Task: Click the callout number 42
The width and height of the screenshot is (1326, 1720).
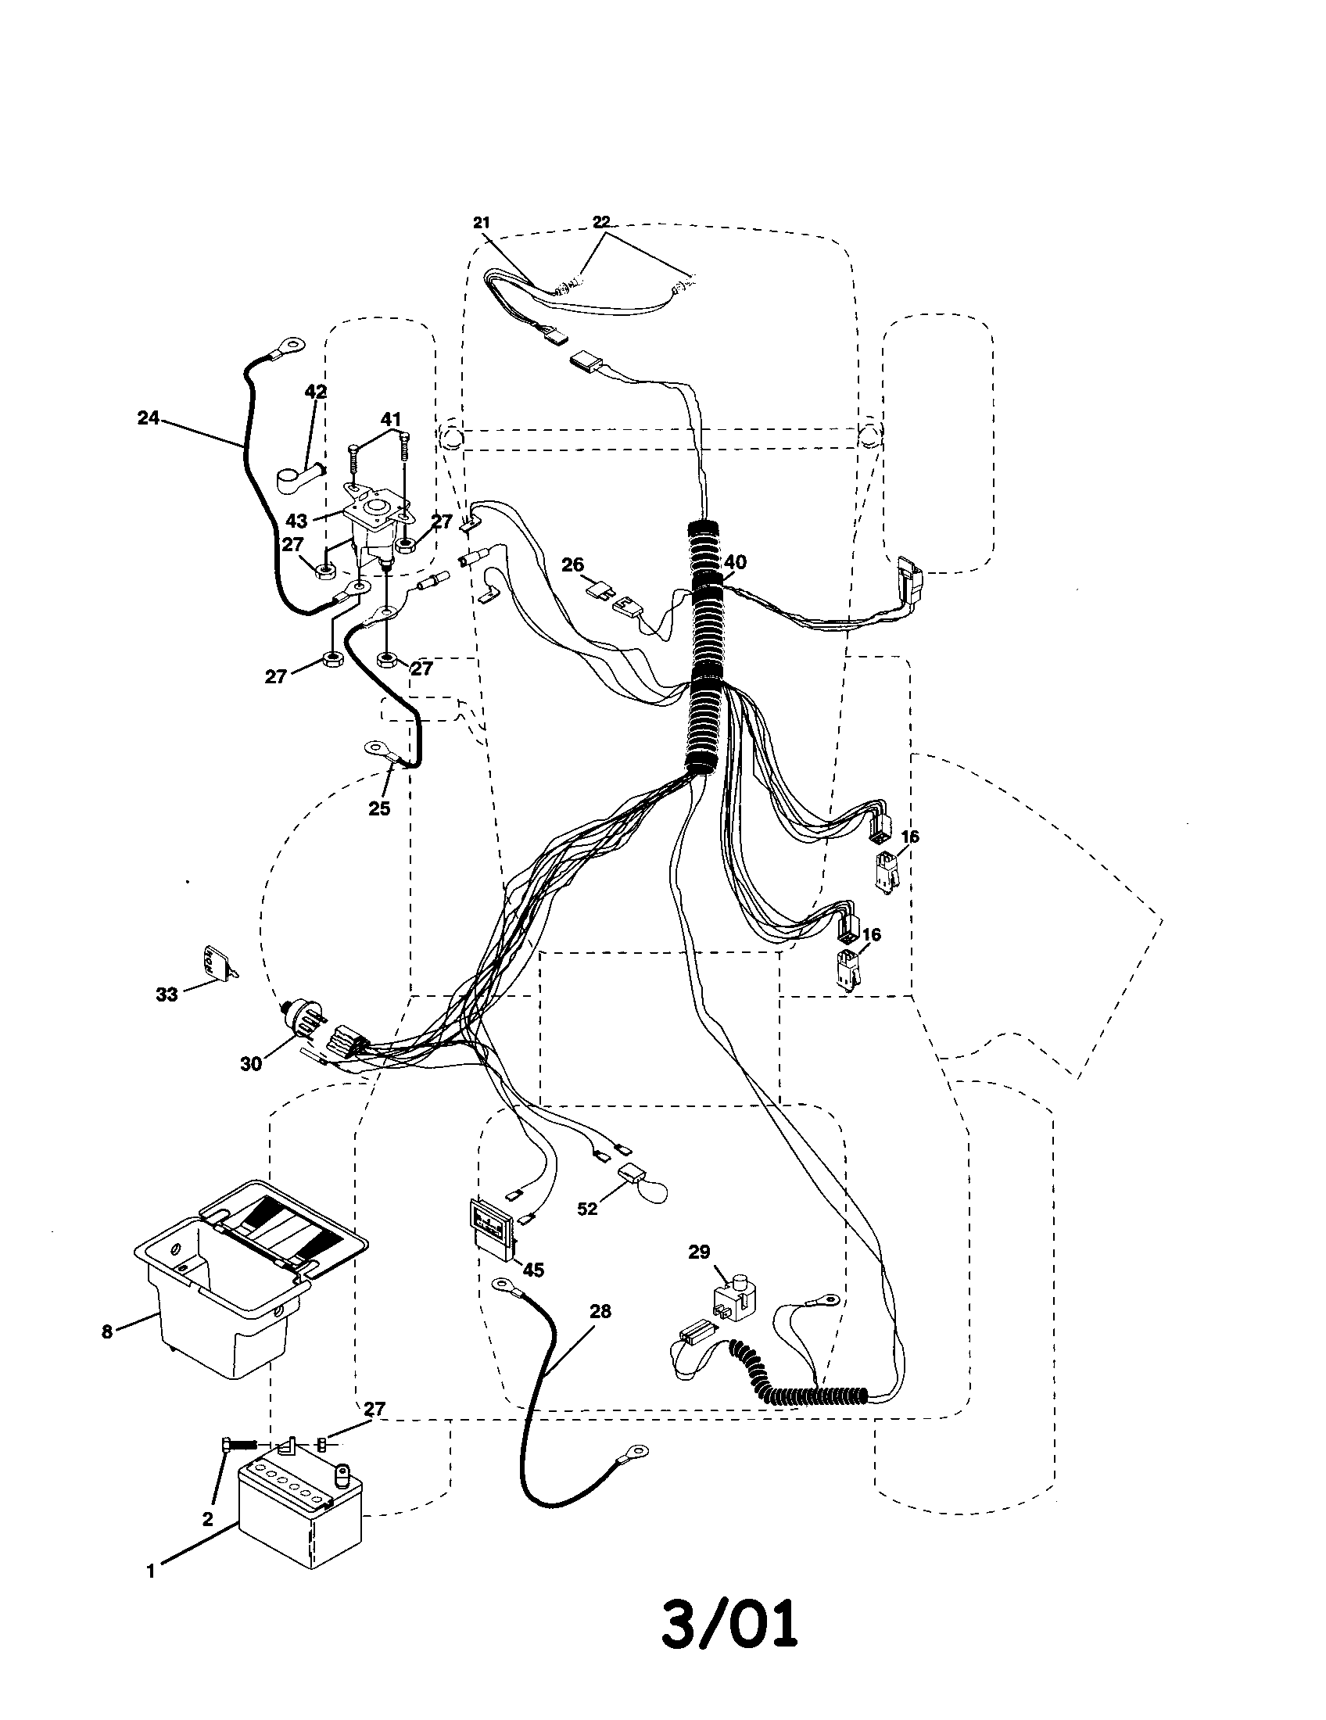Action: (316, 392)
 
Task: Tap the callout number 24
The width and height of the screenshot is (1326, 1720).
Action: (148, 418)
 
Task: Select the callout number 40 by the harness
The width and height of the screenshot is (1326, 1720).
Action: (735, 562)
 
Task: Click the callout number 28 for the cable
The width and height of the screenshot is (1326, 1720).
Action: (600, 1311)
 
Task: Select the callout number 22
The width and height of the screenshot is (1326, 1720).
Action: (600, 222)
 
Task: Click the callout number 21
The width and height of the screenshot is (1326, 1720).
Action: (481, 223)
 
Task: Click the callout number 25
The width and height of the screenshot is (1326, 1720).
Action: (379, 809)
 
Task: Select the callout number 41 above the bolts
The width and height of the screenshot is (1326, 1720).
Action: (392, 419)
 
